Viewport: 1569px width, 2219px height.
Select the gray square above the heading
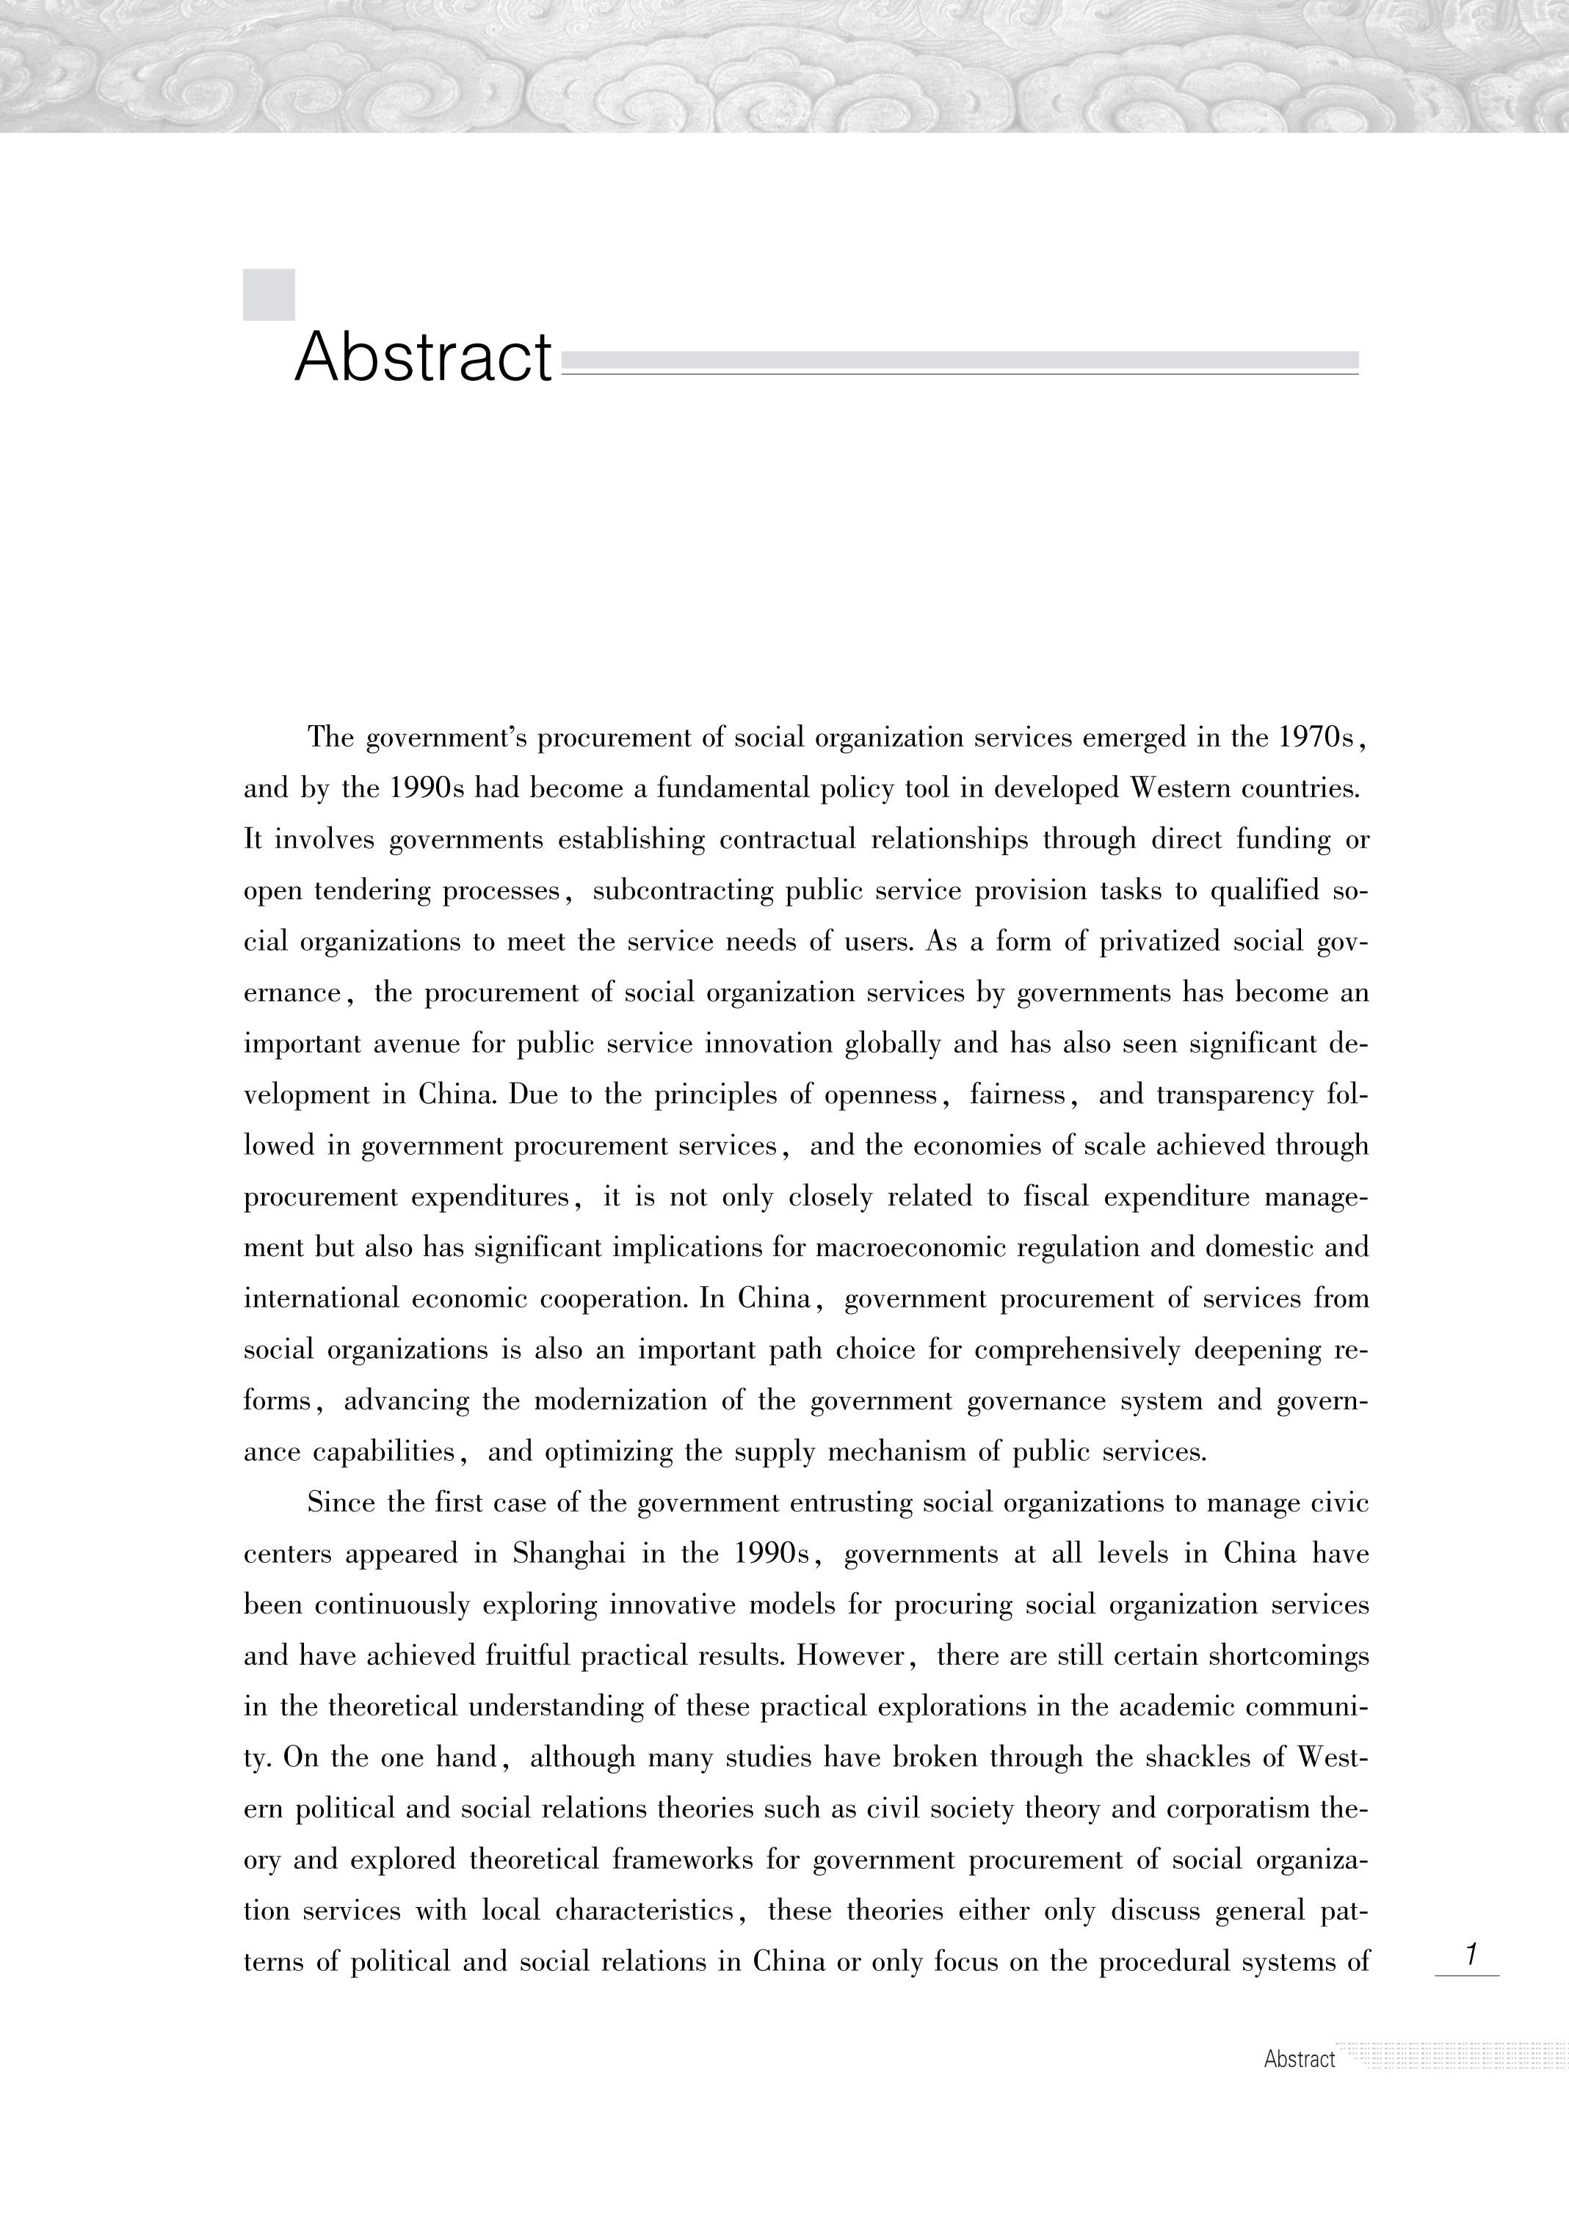(x=269, y=295)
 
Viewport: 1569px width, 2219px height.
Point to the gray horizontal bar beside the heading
(x=959, y=360)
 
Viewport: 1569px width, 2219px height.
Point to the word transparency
(x=1234, y=1095)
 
